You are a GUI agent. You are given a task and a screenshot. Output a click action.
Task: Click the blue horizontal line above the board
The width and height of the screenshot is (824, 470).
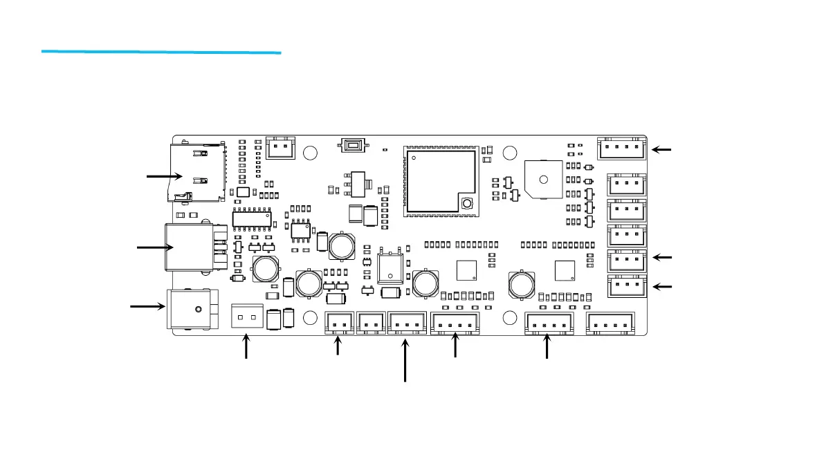coord(161,51)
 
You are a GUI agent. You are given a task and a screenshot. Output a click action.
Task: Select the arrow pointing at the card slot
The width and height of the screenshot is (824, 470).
coord(165,177)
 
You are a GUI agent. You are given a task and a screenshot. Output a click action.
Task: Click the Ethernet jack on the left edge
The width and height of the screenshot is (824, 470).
coord(187,246)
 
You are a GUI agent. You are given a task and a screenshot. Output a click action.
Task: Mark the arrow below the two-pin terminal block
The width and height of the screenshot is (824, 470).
coord(246,347)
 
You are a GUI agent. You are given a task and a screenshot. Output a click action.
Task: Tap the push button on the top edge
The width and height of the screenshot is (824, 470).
coord(353,145)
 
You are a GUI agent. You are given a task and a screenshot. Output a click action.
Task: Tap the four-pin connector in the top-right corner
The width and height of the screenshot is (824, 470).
coord(621,147)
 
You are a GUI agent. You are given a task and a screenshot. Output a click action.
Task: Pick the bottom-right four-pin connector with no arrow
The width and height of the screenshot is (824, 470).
coord(610,322)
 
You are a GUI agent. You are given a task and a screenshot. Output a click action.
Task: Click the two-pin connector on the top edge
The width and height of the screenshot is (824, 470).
coord(280,147)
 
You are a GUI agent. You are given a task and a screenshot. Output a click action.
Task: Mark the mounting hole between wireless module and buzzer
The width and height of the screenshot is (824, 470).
coord(511,153)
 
